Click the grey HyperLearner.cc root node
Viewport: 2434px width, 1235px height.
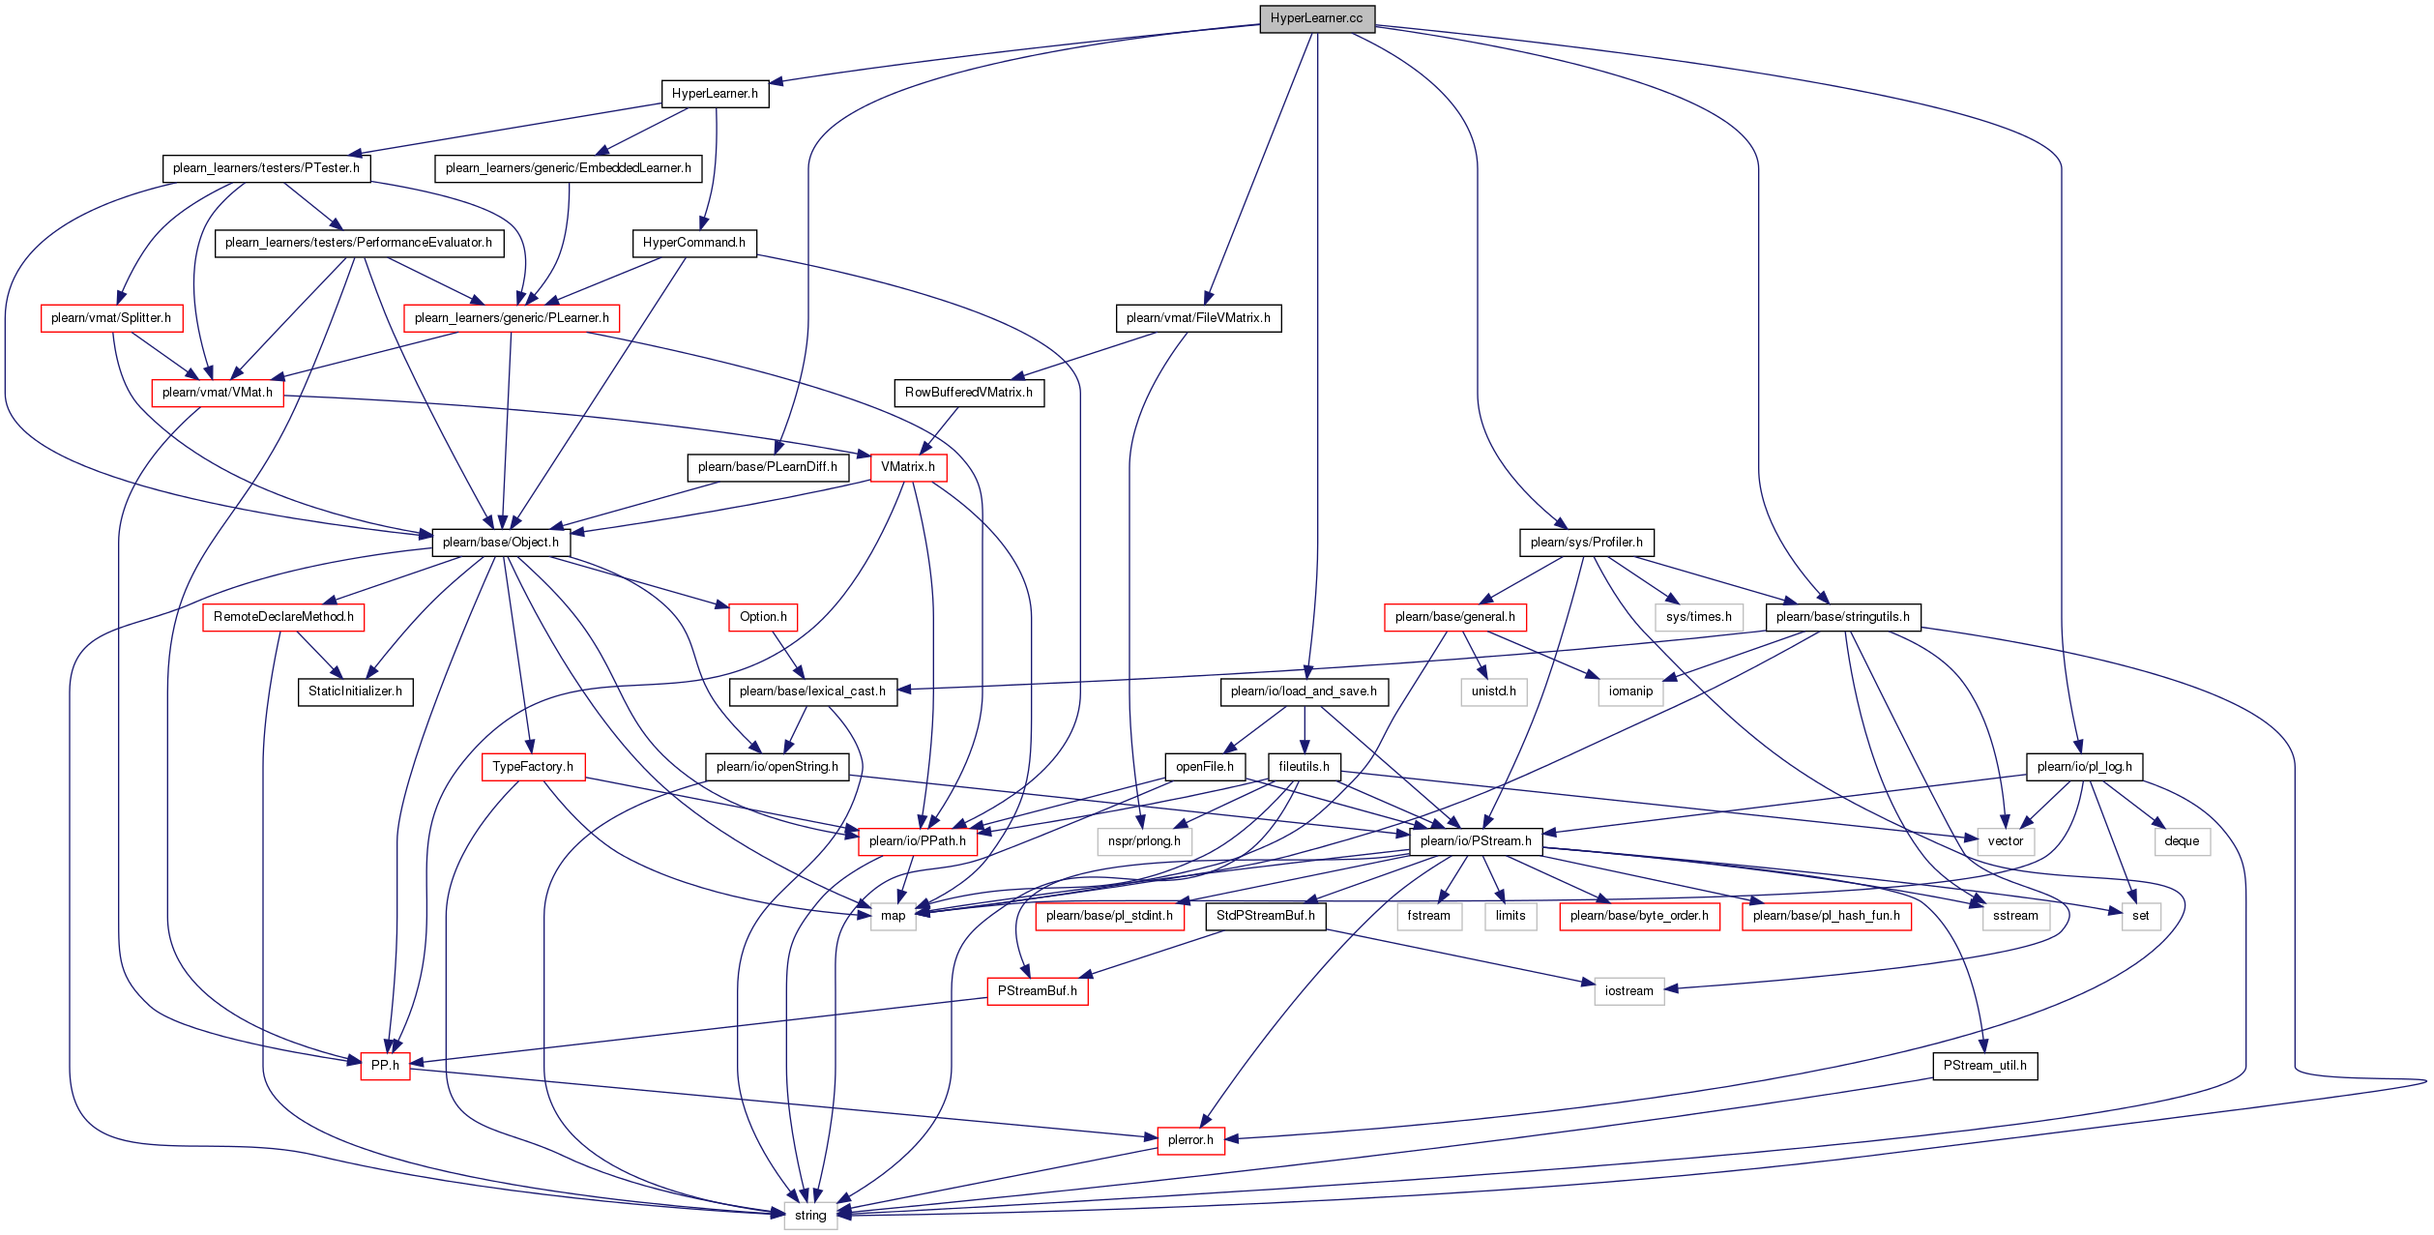click(1316, 18)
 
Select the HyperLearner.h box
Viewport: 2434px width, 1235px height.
click(715, 94)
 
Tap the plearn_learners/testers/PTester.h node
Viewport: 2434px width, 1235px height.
click(266, 168)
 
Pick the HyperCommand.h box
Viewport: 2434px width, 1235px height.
click(693, 243)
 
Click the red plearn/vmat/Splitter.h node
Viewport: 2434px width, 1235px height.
click(111, 318)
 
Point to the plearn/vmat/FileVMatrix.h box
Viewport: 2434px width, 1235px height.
click(1198, 318)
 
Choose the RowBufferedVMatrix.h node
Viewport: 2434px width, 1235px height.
click(968, 393)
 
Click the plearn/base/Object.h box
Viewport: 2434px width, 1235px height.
click(500, 543)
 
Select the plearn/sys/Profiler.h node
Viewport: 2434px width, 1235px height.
click(1586, 543)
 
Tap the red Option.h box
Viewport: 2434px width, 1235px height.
click(763, 617)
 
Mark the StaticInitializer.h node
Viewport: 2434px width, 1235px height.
click(355, 691)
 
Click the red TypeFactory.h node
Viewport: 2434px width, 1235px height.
click(533, 767)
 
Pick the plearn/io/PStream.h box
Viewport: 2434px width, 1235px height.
click(1476, 841)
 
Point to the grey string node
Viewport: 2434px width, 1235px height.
click(810, 1216)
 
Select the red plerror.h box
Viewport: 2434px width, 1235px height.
click(1190, 1140)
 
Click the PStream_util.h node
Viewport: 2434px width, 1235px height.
click(1985, 1066)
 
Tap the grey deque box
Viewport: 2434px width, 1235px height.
click(2182, 841)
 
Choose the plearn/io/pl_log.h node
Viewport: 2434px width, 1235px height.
click(2084, 767)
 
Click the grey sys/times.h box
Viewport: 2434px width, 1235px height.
click(1698, 617)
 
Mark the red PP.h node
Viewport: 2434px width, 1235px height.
click(385, 1066)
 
